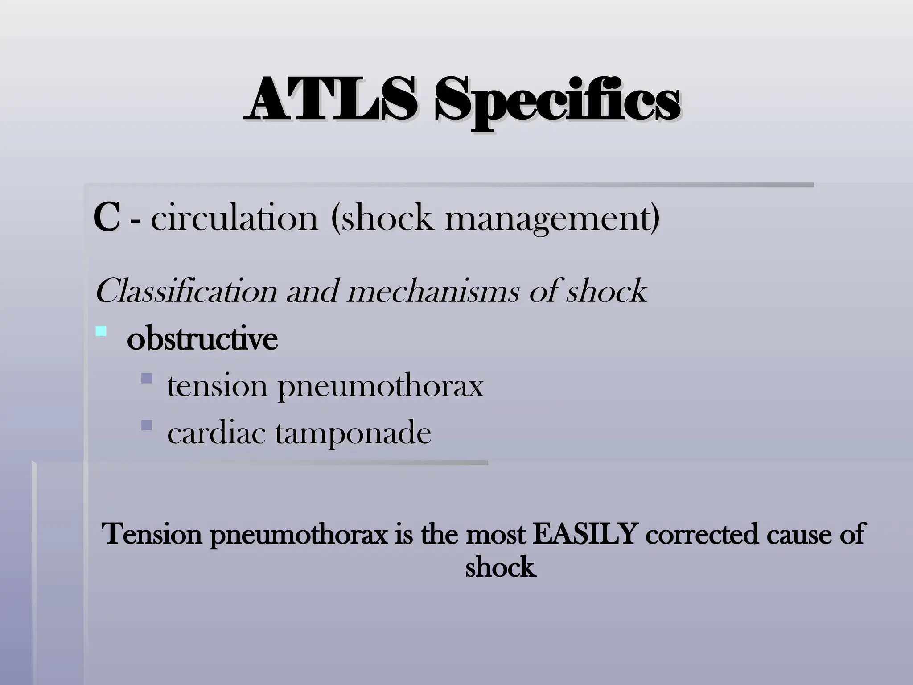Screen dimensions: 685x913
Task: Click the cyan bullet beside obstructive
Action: [x=101, y=331]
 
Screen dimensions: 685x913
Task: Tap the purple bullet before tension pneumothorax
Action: [x=146, y=379]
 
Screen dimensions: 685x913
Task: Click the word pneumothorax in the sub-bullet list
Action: [x=380, y=387]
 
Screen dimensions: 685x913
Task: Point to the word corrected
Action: [x=701, y=534]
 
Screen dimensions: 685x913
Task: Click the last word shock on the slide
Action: [x=500, y=567]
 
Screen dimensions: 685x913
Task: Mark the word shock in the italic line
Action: [x=606, y=291]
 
